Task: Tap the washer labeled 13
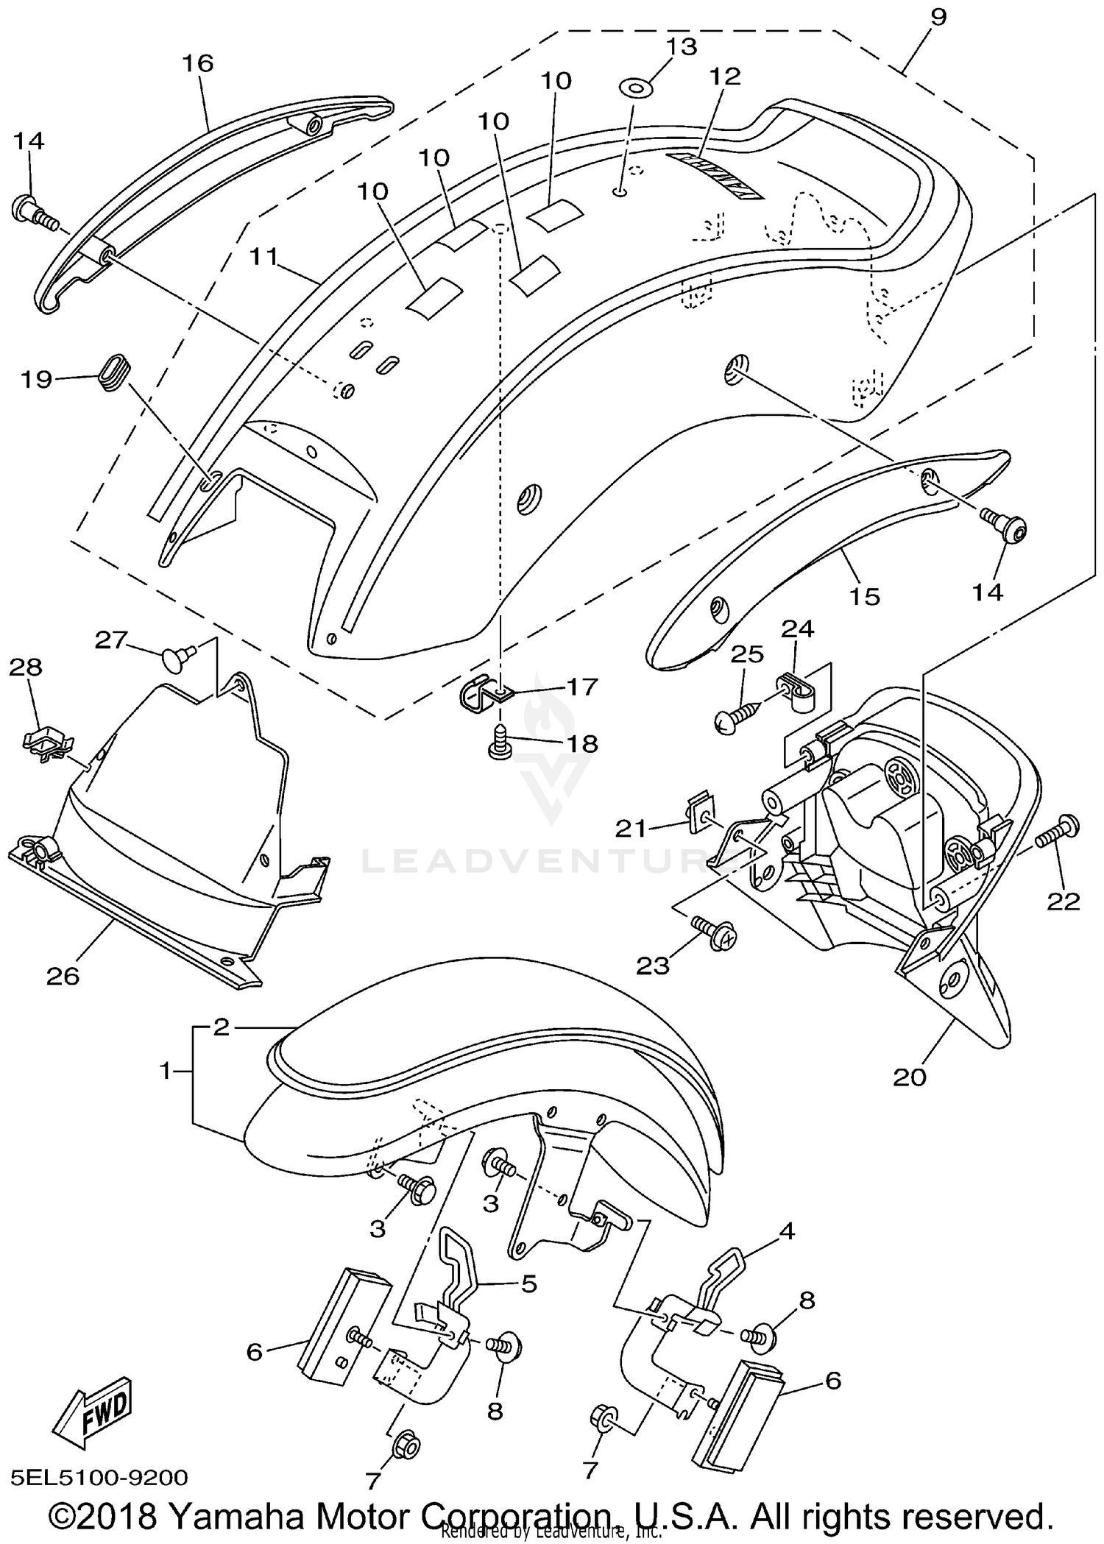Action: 635,89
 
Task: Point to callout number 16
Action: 197,64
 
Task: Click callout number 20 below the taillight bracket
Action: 909,1077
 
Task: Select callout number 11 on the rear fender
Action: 264,257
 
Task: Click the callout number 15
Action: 865,596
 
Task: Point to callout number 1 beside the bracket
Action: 166,1072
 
